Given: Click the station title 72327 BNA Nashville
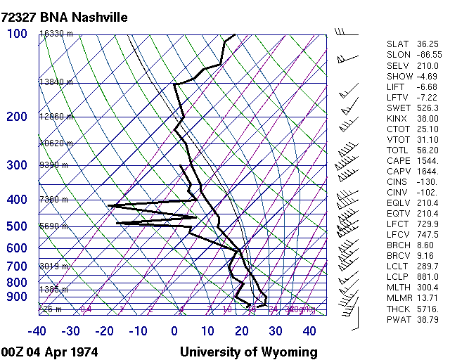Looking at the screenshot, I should (x=65, y=17).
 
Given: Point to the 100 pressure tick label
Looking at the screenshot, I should (x=17, y=33).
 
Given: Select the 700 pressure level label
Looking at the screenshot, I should (x=17, y=266).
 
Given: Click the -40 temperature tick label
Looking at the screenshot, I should (x=37, y=331).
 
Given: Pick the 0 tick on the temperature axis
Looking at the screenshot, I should (x=174, y=331).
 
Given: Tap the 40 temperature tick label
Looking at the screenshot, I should (x=309, y=331).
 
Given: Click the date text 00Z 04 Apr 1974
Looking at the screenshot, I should (x=50, y=352).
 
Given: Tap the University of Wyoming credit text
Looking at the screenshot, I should (x=249, y=352).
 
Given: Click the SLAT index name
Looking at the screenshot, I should (x=398, y=44).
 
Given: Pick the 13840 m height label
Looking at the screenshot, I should (x=56, y=82).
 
